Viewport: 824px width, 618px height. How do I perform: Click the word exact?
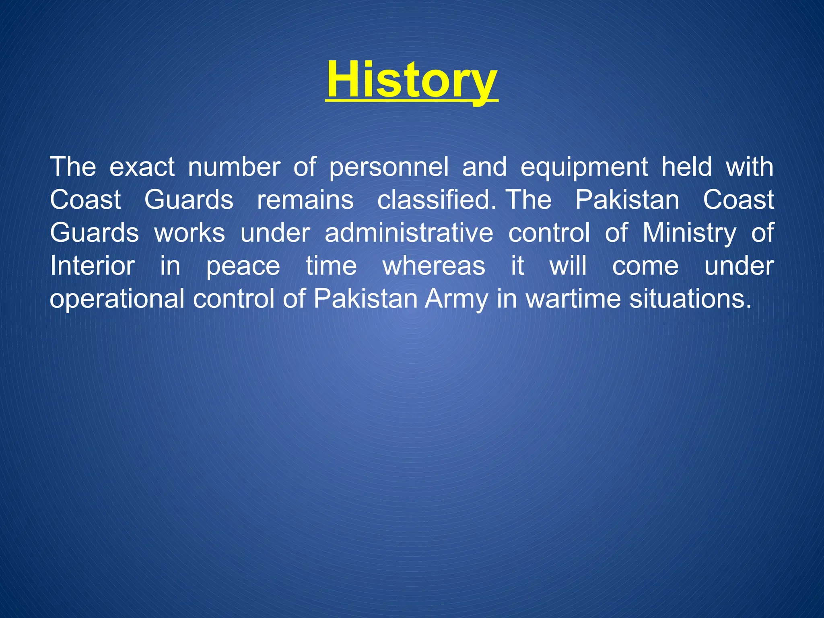(x=142, y=167)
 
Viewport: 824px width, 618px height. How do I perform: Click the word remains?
(x=305, y=200)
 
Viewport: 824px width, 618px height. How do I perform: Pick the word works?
(x=190, y=233)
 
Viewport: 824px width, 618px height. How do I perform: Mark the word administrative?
(x=409, y=233)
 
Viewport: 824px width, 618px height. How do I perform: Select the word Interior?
(x=92, y=266)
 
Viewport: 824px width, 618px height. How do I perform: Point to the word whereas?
(x=434, y=266)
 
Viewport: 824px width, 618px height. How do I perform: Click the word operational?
(x=117, y=300)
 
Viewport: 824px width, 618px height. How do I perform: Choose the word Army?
(x=457, y=300)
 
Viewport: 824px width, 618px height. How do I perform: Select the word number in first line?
(x=234, y=167)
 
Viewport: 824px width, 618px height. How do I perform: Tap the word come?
(x=645, y=266)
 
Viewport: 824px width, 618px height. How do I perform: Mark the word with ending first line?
(x=750, y=167)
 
